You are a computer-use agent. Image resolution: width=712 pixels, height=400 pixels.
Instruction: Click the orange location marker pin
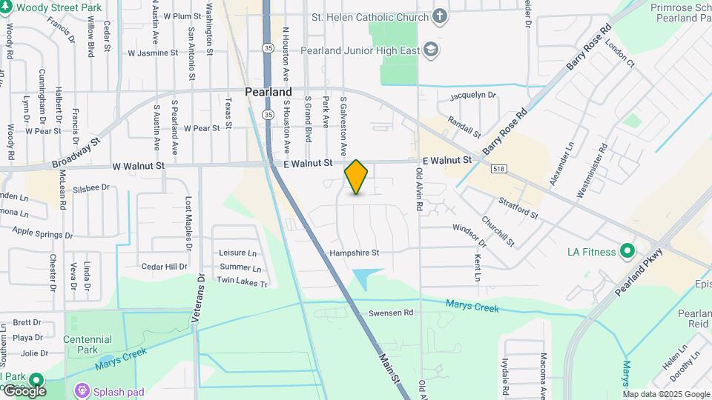(357, 177)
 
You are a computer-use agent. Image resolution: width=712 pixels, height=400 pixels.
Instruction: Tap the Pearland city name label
(268, 93)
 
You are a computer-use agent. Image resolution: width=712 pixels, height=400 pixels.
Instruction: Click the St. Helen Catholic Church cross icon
(440, 16)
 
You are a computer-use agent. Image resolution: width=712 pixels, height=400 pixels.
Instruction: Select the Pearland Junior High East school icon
(431, 50)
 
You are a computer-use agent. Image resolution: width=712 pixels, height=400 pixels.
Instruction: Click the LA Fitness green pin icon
(628, 252)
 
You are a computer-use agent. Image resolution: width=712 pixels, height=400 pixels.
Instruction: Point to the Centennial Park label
(88, 344)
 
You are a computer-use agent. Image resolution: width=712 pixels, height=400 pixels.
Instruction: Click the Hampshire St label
(355, 253)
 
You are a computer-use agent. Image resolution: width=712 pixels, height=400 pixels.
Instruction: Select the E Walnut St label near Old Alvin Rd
(447, 160)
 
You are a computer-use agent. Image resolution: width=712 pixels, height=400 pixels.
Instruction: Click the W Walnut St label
(139, 167)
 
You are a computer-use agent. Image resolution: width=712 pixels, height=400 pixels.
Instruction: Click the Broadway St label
(76, 153)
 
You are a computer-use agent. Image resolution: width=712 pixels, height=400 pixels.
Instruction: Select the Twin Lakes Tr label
(242, 280)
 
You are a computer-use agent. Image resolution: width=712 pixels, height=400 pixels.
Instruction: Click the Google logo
(24, 390)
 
